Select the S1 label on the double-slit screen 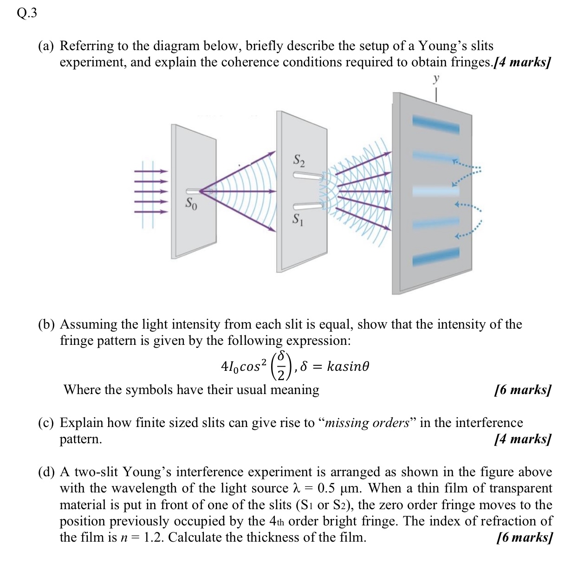click(x=298, y=220)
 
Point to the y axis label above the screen click(x=436, y=79)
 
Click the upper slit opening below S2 click(x=306, y=175)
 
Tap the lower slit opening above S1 click(x=306, y=206)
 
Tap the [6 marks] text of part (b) click(x=523, y=389)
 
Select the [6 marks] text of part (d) click(x=524, y=537)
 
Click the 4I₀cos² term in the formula click(x=244, y=367)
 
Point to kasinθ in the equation click(x=348, y=366)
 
